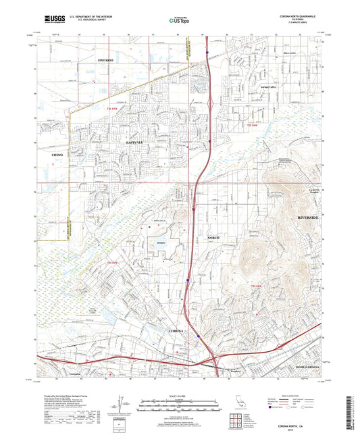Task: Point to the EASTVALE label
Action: point(134,144)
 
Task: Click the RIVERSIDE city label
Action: point(310,219)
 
